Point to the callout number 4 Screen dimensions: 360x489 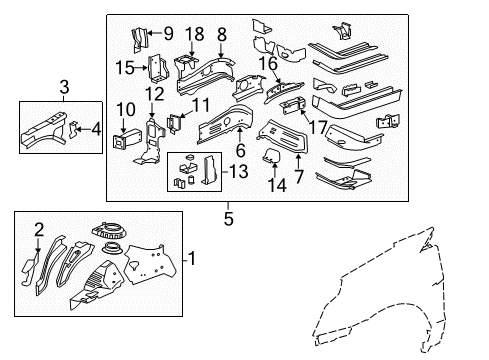click(96, 127)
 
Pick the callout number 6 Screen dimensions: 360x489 click(238, 149)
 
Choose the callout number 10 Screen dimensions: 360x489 click(126, 109)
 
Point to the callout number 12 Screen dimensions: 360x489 click(153, 93)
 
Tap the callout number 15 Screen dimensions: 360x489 click(126, 67)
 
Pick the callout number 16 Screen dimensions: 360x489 click(268, 62)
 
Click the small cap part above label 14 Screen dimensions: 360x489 click(270, 153)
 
